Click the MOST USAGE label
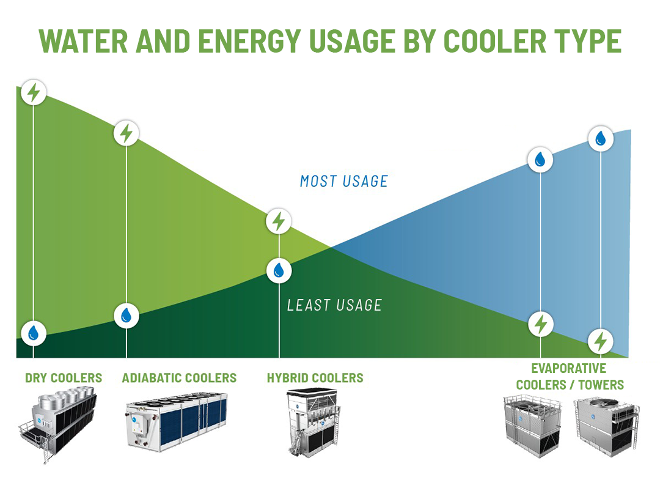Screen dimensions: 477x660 click(344, 181)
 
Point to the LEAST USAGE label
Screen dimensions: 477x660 click(334, 305)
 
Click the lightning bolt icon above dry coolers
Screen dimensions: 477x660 click(34, 92)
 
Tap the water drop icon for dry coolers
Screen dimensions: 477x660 click(34, 333)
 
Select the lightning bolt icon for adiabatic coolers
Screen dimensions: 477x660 click(127, 133)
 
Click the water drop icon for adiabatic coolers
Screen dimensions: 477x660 click(127, 315)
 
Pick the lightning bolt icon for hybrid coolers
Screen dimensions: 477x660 click(279, 221)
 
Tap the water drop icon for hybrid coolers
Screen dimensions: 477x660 click(279, 270)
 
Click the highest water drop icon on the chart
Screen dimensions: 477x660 click(601, 139)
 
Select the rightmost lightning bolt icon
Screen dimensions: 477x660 click(601, 341)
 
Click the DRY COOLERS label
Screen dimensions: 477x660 click(64, 378)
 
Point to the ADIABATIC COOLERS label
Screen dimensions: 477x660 click(179, 378)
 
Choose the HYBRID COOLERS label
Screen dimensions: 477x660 click(315, 378)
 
